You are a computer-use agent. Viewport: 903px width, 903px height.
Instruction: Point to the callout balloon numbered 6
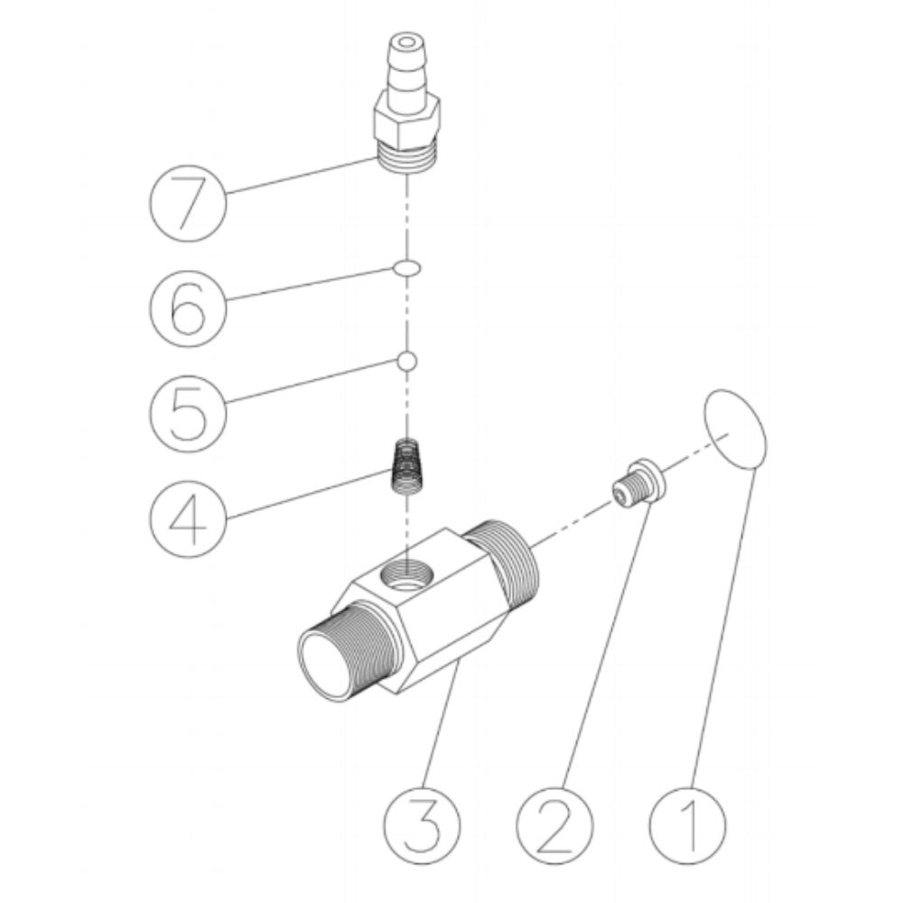tap(188, 308)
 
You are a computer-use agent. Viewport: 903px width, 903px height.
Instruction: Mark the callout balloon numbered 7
tap(188, 204)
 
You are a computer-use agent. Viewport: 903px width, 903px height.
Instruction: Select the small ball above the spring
tap(406, 361)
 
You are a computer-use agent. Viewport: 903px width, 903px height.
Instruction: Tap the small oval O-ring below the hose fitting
tap(406, 268)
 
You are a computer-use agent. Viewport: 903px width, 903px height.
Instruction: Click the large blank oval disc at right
tap(735, 430)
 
